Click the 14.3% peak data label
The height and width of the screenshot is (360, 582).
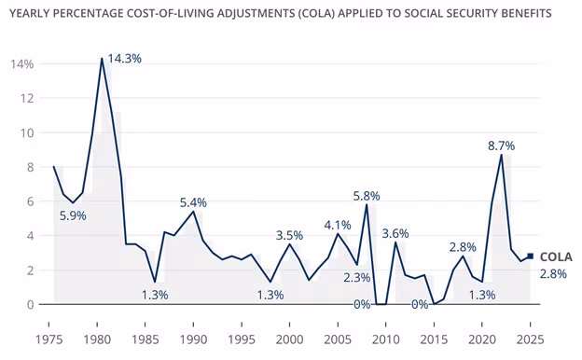click(x=125, y=59)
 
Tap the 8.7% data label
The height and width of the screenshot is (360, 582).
click(x=501, y=145)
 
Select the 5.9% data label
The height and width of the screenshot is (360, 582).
click(x=75, y=215)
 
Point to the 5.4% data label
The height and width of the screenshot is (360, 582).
click(x=193, y=202)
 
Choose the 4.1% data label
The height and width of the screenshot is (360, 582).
click(x=338, y=225)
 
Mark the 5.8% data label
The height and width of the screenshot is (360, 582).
click(x=367, y=196)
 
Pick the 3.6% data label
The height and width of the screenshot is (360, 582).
click(x=395, y=233)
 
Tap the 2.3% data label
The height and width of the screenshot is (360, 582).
click(x=356, y=277)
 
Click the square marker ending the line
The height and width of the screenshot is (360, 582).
click(x=531, y=256)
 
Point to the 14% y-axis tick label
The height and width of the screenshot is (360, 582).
click(x=22, y=64)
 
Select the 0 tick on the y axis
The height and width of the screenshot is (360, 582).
click(x=29, y=305)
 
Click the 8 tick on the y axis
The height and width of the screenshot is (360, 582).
click(x=29, y=167)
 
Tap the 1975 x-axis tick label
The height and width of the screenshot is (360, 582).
click(x=53, y=339)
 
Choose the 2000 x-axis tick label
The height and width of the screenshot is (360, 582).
click(x=290, y=339)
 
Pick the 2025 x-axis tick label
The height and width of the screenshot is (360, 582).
click(x=530, y=339)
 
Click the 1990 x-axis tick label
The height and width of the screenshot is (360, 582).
click(x=194, y=339)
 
